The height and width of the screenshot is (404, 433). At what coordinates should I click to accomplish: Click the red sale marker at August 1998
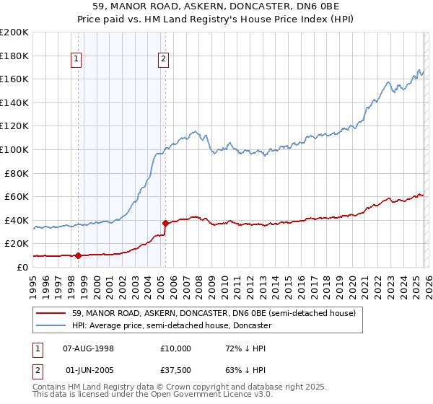78,255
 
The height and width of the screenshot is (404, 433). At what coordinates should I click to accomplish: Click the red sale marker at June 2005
165,223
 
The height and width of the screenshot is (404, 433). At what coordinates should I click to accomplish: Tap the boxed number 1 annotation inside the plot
76,60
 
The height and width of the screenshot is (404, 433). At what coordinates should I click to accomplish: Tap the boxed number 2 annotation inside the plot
164,60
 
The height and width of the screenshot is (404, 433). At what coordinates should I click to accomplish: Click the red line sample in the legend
52,314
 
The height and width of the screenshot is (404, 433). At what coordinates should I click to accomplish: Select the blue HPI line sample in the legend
52,326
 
